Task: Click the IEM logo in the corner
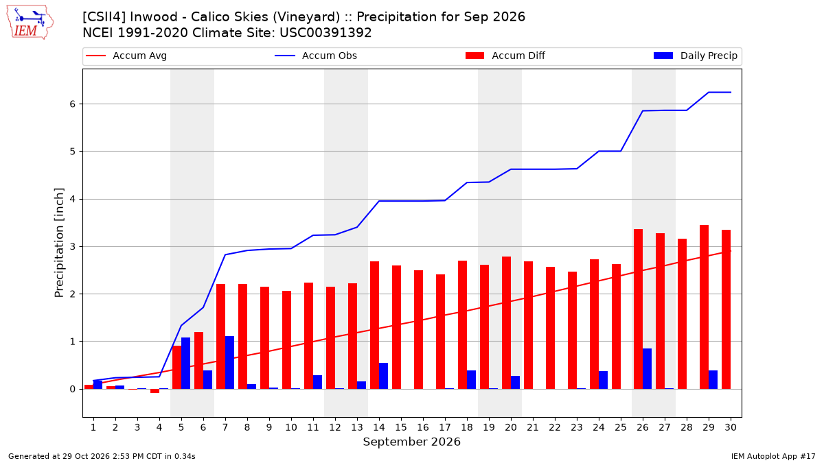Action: (x=30, y=23)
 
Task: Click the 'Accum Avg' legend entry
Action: (x=126, y=56)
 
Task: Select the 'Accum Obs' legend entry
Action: (x=316, y=56)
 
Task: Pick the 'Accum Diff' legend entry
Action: (x=505, y=56)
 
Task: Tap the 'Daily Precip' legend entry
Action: (x=695, y=56)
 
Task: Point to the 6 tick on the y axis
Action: (x=72, y=104)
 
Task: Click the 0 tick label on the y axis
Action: (x=72, y=389)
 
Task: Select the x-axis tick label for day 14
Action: (x=379, y=427)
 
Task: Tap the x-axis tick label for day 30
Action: (x=731, y=427)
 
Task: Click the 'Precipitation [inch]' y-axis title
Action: (x=59, y=243)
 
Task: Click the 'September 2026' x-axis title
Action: (x=411, y=442)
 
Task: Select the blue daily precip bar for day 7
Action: (x=229, y=363)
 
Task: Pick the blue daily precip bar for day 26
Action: (x=647, y=369)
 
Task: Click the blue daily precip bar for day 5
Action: (x=186, y=364)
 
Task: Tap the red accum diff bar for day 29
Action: (x=704, y=307)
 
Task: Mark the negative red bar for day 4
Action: (x=155, y=391)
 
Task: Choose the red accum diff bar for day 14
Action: (x=374, y=325)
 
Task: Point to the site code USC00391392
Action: (x=325, y=33)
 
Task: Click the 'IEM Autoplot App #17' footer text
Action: (x=773, y=456)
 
